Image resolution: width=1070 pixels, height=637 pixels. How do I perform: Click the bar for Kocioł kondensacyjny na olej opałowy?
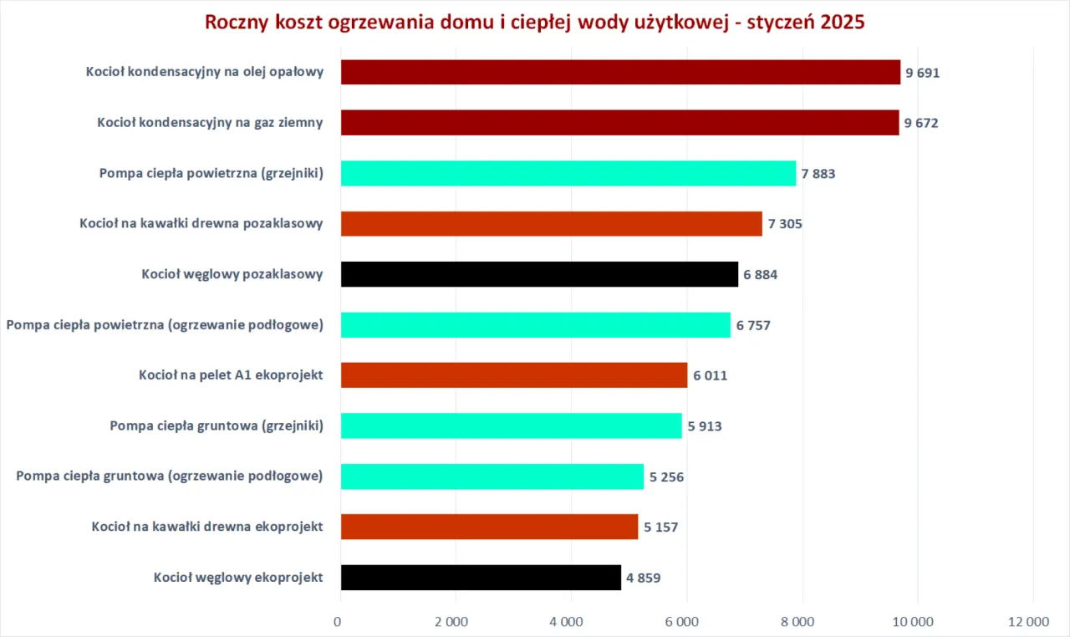coord(620,72)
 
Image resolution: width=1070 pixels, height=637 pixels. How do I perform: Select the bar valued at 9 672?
coord(619,123)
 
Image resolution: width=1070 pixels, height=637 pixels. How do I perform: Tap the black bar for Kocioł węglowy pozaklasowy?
coord(539,274)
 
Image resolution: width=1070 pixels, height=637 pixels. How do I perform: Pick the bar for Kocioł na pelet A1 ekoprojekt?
coord(514,375)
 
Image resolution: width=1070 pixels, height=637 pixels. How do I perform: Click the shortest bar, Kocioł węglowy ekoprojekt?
coord(481,577)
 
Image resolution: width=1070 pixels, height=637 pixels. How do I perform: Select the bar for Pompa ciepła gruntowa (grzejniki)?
coord(511,426)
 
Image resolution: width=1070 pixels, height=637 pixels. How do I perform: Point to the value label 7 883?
coord(818,174)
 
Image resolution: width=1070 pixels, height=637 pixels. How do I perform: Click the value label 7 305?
coord(785,224)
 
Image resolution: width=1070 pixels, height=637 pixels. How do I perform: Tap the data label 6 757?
coord(753,325)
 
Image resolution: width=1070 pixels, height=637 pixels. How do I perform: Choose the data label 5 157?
coord(660,527)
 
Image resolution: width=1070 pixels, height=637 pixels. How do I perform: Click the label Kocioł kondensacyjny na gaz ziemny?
coord(210,123)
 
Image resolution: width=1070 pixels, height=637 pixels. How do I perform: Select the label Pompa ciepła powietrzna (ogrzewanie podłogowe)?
coord(165,325)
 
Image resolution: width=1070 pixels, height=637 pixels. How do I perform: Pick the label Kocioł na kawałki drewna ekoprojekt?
coord(207,527)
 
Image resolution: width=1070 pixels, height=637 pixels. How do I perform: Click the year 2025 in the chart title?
coord(842,22)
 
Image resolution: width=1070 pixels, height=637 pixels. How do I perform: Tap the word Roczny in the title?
coord(235,22)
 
